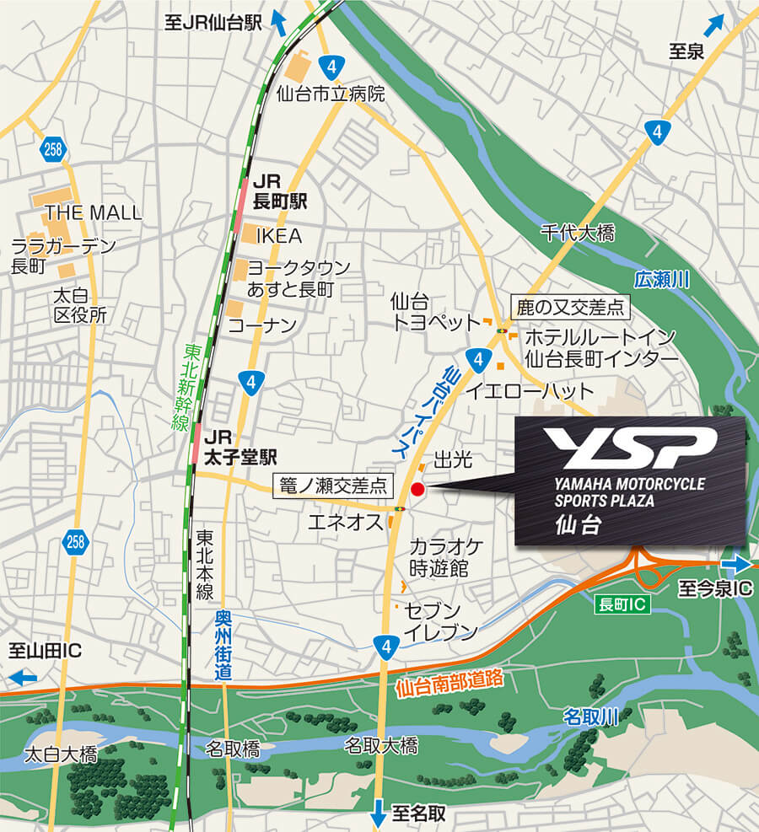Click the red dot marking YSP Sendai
(417, 489)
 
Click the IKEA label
(277, 236)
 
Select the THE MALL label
(93, 212)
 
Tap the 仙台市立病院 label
(331, 94)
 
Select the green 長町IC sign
(622, 604)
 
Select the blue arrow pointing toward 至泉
(714, 24)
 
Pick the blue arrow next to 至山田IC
(23, 677)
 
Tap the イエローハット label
(530, 391)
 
